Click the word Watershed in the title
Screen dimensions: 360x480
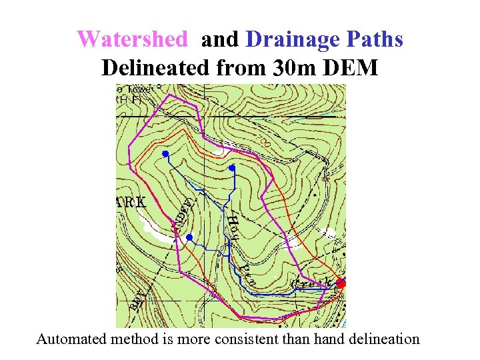click(132, 39)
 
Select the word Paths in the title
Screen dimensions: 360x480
click(376, 39)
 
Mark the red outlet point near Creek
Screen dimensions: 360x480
click(341, 283)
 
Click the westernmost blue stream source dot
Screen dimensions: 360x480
click(165, 155)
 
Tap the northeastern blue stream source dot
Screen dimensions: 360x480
click(232, 168)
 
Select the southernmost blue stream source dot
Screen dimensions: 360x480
click(189, 237)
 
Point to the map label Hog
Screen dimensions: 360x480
click(233, 227)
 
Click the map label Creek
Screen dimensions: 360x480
click(311, 285)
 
